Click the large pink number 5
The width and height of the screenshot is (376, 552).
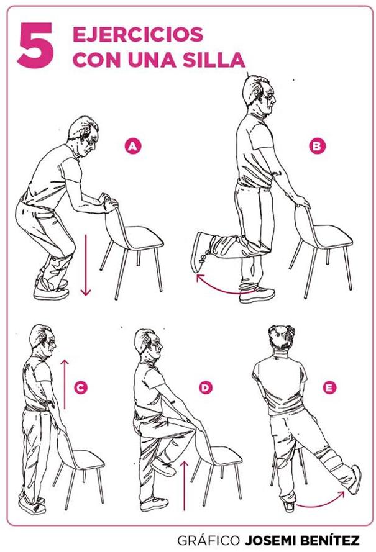[x=35, y=45]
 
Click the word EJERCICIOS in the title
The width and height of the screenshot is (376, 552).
[x=138, y=35]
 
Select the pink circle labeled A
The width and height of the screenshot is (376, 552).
[x=132, y=146]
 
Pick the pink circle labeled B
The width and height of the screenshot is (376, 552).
[x=317, y=146]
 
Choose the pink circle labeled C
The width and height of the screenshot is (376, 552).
[x=81, y=387]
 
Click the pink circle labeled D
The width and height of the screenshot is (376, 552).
[x=205, y=387]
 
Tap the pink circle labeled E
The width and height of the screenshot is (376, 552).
[x=329, y=387]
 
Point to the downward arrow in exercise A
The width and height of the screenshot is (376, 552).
[x=86, y=265]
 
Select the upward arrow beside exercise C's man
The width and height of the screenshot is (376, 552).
[x=65, y=384]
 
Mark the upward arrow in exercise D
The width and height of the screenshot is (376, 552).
[x=184, y=485]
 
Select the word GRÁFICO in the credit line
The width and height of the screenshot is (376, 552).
[x=208, y=540]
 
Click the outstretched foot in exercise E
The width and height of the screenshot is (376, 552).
[x=354, y=479]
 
